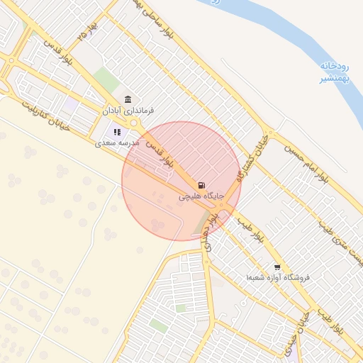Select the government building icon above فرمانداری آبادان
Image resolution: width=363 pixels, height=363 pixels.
[x=128, y=99]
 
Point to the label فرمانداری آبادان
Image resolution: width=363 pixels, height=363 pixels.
[x=128, y=111]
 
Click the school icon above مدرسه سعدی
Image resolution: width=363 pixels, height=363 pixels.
[x=117, y=131]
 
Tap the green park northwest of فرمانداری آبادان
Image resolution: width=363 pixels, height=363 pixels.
[x=106, y=79]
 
